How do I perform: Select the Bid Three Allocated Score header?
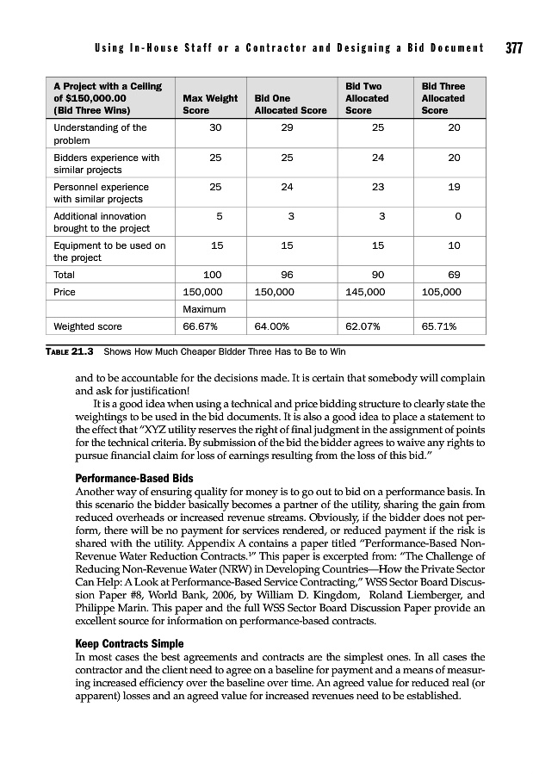pos(443,98)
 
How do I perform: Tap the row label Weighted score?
pos(88,326)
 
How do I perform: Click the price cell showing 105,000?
pos(441,292)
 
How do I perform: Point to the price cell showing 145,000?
pos(365,292)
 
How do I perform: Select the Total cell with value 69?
pos(455,275)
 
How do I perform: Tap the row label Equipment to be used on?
pos(109,245)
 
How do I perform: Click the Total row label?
pos(65,275)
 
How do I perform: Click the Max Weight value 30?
pos(217,128)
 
